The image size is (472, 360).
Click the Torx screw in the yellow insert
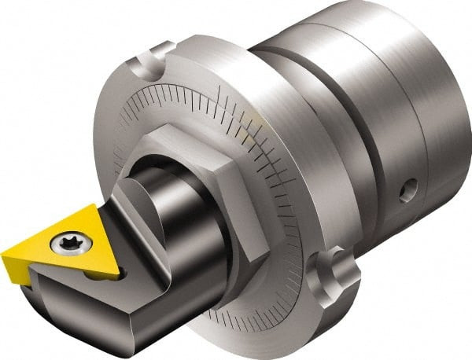pyautogui.click(x=65, y=244)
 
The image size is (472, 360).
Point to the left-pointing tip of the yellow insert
pyautogui.click(x=5, y=256)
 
